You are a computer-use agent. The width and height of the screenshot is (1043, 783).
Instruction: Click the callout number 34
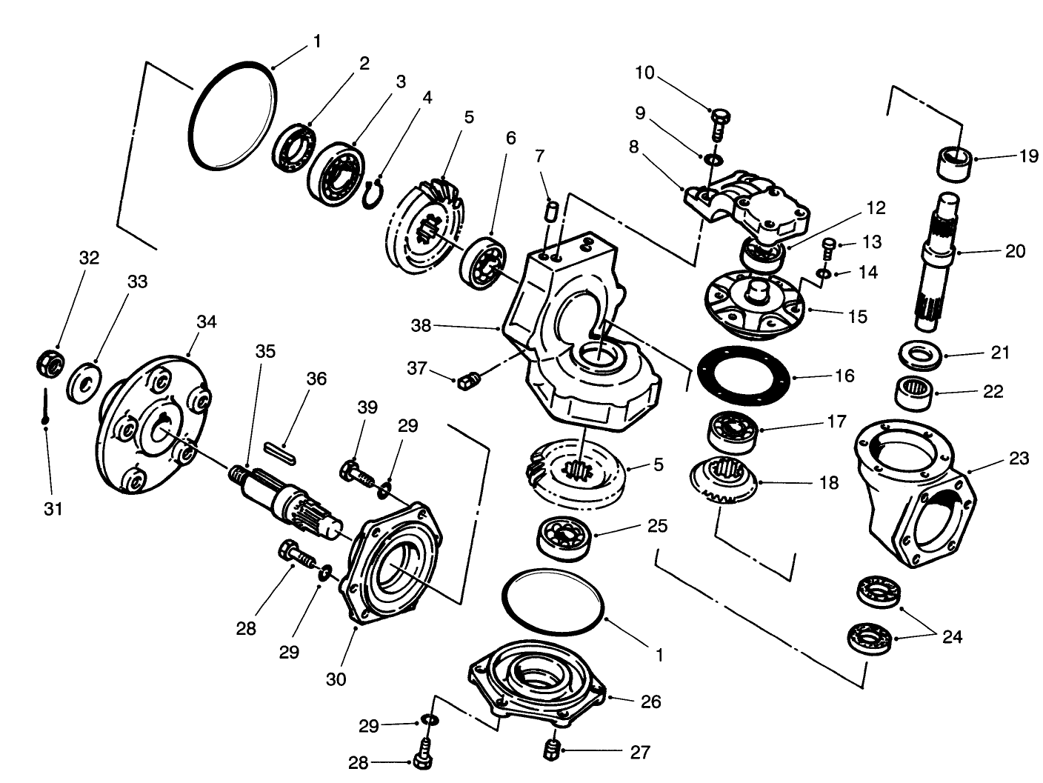pos(207,321)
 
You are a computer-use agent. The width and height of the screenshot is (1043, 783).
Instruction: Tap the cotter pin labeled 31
pos(46,407)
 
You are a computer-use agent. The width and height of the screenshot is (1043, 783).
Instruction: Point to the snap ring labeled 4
pos(374,194)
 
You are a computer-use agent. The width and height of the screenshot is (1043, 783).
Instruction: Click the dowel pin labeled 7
pos(550,210)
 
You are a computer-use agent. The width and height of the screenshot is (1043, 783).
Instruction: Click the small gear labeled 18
pos(722,482)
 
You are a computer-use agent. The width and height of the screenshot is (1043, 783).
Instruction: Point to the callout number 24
pos(952,636)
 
